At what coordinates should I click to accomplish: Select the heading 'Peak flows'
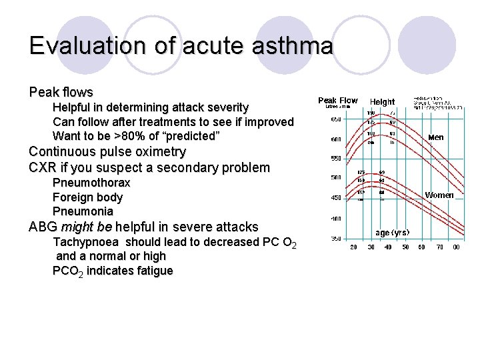tap(61, 91)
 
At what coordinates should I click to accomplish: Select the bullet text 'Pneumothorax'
tap(91, 183)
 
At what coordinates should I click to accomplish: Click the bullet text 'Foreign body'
tap(87, 197)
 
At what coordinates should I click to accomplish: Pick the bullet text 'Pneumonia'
tap(83, 211)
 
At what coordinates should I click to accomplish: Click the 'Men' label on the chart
tap(435, 137)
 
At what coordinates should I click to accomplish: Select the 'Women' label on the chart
tap(439, 195)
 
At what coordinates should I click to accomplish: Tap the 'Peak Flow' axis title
tap(337, 101)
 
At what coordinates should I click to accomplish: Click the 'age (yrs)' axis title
tap(392, 233)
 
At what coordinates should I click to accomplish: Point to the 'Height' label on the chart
tap(382, 102)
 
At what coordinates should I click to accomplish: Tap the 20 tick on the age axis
tap(353, 247)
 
